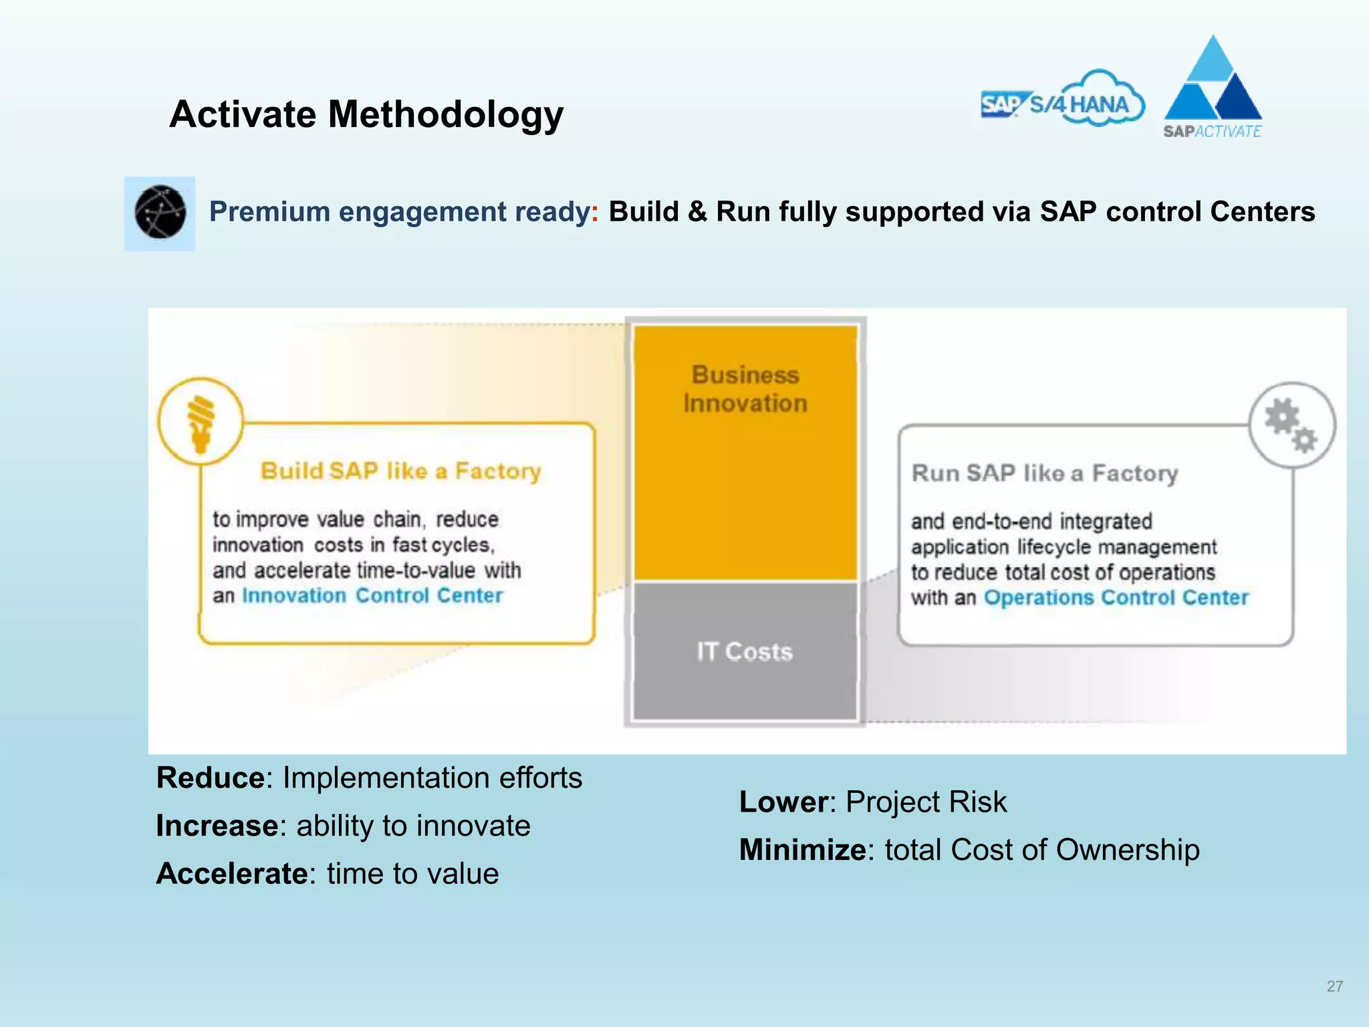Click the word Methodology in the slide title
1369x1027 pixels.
tap(445, 115)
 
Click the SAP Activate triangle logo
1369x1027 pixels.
tap(1213, 87)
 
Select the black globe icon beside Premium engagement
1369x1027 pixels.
tap(160, 213)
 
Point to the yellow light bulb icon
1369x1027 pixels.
tap(201, 421)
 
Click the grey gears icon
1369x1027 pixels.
tap(1291, 425)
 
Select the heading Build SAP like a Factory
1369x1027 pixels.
tap(400, 471)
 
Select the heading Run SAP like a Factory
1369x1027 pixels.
tap(1044, 473)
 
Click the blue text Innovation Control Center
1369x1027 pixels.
tap(372, 596)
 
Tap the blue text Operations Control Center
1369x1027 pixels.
tap(1116, 598)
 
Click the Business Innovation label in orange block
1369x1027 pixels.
tap(745, 389)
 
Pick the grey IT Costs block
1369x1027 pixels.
tap(745, 651)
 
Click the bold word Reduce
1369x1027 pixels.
tap(210, 778)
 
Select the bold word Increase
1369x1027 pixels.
tap(217, 826)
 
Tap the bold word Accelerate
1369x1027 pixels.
tap(231, 875)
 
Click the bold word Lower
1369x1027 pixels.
tap(783, 802)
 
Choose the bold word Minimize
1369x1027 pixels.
tap(802, 850)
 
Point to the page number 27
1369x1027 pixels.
tap(1334, 986)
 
